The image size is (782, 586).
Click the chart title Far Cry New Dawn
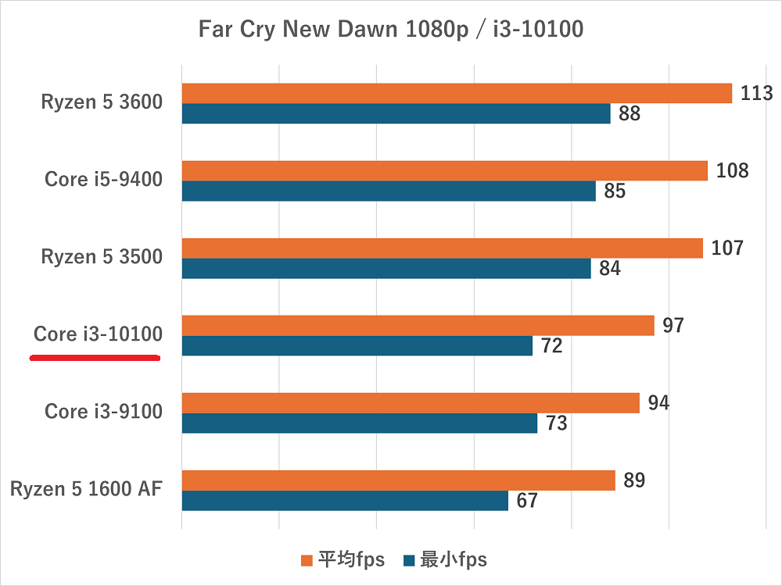(390, 30)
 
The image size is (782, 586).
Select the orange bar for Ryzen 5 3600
(457, 94)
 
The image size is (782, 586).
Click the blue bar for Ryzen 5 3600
(396, 114)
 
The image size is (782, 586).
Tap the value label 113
(756, 94)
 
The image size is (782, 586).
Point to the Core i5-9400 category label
(103, 179)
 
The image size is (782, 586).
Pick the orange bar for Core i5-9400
(444, 171)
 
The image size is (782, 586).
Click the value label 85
(615, 191)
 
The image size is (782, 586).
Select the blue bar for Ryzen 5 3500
(386, 269)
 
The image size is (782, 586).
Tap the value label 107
(727, 248)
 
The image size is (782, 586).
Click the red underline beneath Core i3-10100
(95, 358)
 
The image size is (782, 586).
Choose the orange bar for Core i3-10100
(418, 326)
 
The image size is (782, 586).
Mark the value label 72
(551, 346)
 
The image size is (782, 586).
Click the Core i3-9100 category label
(103, 411)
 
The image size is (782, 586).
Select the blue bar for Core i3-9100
(359, 423)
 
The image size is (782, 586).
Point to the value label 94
(658, 403)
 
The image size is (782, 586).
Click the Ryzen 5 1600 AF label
(86, 489)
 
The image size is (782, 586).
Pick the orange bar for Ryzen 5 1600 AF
(398, 481)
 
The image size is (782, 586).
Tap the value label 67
(527, 501)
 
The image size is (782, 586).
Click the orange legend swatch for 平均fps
(307, 560)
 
